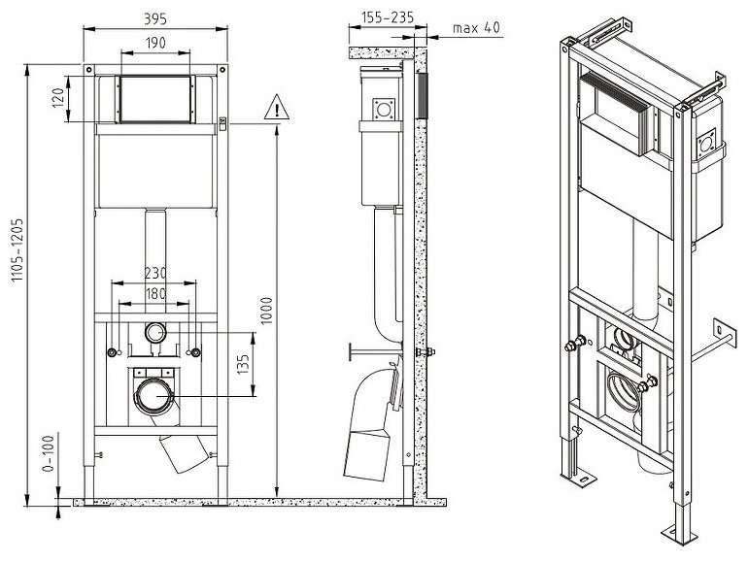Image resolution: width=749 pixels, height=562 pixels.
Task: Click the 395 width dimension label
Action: [155, 18]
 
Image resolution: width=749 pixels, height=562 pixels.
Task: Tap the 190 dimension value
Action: [155, 43]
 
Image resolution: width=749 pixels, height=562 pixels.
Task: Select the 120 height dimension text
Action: [58, 98]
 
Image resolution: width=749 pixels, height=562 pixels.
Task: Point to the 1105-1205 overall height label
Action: [17, 250]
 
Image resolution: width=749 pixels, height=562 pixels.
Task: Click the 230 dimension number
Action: [155, 274]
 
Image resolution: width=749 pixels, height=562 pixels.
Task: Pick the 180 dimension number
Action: [155, 293]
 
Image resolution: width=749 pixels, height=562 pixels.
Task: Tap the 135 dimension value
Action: [243, 364]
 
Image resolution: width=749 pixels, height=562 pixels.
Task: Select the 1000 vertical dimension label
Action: [266, 311]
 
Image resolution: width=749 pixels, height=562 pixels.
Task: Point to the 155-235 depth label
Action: [388, 17]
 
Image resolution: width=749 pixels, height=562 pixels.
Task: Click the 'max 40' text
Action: [476, 28]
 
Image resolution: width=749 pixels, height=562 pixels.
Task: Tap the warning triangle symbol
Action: [277, 108]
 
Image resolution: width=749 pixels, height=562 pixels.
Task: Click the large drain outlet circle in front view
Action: [154, 396]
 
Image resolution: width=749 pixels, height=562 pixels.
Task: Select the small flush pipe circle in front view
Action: [155, 333]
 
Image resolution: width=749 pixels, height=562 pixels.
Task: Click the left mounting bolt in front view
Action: [112, 353]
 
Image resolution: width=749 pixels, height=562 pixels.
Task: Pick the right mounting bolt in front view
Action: [196, 353]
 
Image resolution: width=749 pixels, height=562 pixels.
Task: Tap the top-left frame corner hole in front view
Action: [88, 70]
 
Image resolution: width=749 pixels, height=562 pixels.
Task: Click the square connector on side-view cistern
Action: [384, 110]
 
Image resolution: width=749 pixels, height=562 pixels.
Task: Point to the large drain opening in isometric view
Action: [622, 391]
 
